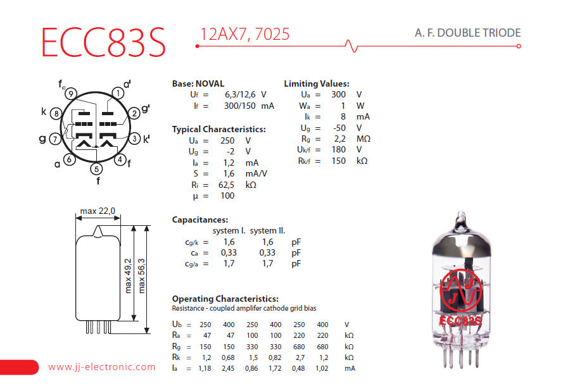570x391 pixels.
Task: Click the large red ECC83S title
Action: [x=103, y=42]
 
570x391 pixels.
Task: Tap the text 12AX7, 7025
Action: [x=244, y=34]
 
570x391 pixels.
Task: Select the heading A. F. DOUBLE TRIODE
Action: [x=468, y=33]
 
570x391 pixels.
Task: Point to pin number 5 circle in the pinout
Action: [x=96, y=169]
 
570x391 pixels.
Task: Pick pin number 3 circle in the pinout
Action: [x=134, y=138]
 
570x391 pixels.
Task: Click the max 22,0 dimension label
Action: [x=98, y=211]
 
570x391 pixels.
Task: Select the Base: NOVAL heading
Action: [x=198, y=84]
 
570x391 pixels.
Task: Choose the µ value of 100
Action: [x=227, y=195]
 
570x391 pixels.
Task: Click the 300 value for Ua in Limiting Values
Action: [x=338, y=94]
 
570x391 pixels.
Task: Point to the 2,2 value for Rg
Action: [x=339, y=139]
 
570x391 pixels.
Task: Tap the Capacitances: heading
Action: [x=199, y=220]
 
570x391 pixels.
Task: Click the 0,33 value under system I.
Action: [x=229, y=252]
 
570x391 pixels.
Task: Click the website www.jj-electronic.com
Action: [x=101, y=367]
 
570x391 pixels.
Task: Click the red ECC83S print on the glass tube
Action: [x=460, y=321]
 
